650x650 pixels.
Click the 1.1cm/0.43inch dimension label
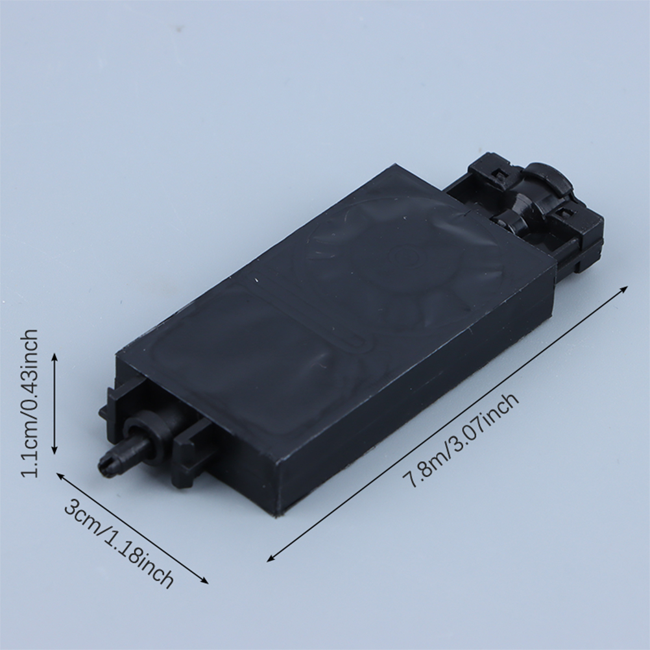30,403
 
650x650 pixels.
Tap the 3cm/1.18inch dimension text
119,544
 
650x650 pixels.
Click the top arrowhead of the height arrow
54,357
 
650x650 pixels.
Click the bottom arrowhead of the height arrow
54,450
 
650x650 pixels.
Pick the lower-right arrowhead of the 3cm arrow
204,581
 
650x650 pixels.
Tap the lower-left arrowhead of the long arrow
272,558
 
